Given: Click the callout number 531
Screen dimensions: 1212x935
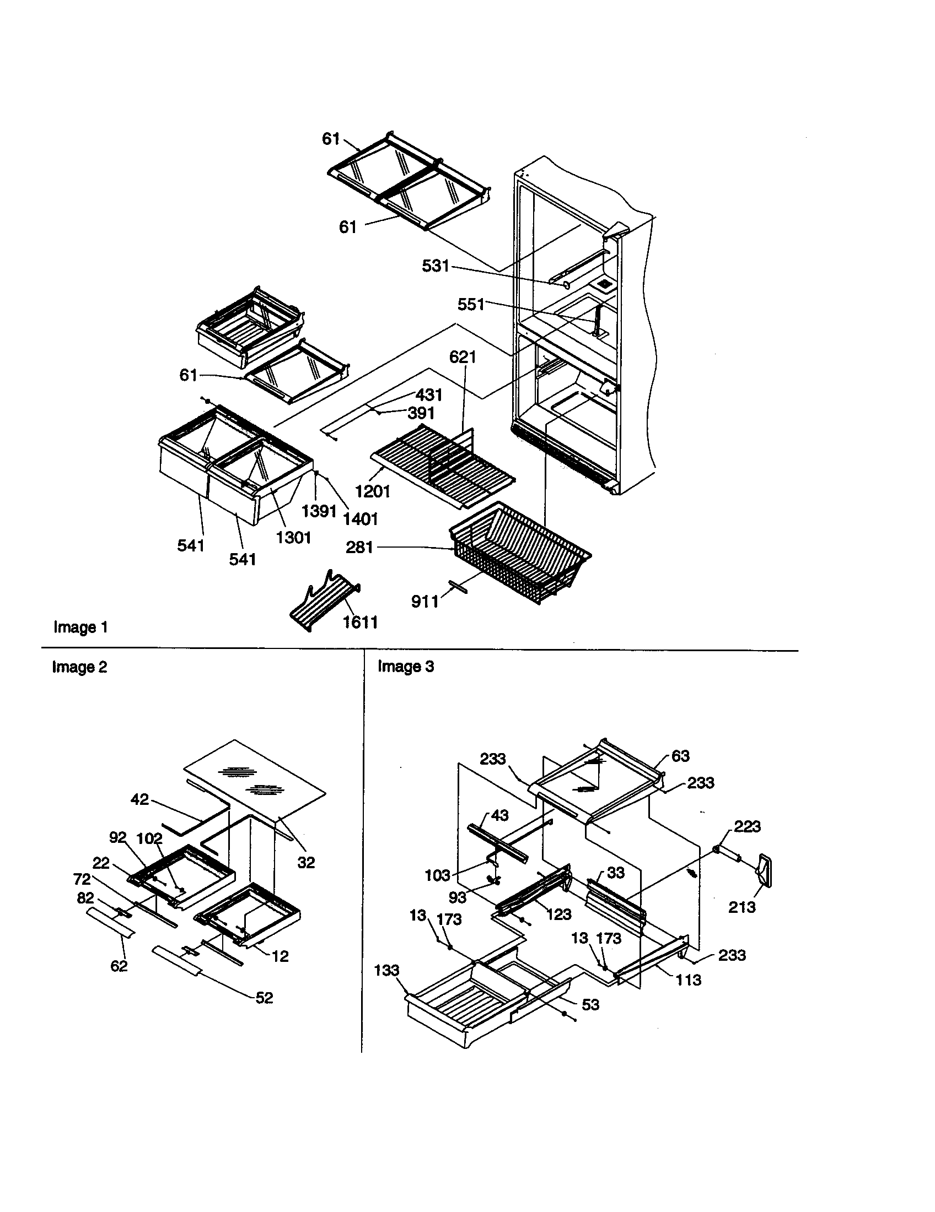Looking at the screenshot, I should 435,266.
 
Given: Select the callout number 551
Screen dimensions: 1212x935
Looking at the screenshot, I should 471,304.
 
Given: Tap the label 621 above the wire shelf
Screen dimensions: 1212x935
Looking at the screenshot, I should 463,356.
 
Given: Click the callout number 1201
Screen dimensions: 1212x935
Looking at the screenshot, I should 373,490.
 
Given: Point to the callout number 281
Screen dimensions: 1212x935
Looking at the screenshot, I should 359,547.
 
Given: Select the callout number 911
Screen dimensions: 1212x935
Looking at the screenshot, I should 424,601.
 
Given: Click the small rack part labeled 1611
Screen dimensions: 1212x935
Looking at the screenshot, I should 325,603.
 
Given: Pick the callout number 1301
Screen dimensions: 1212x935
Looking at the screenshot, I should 293,537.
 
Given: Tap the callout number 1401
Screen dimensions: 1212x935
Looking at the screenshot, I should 361,519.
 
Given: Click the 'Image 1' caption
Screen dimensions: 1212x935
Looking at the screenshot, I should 80,627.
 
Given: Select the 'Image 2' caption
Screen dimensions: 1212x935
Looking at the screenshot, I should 79,667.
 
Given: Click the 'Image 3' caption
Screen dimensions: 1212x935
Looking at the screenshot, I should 405,666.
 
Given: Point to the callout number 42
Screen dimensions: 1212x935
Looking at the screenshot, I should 139,799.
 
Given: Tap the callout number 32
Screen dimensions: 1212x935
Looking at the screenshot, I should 306,862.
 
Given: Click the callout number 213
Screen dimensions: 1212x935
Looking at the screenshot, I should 742,907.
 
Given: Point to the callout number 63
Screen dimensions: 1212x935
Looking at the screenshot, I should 680,756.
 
